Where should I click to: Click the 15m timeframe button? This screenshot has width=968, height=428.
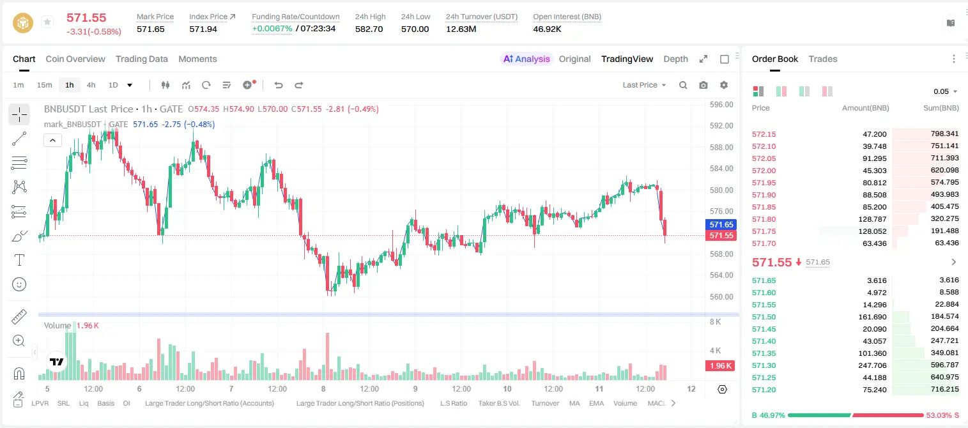click(44, 85)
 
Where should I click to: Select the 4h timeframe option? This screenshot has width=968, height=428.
click(91, 85)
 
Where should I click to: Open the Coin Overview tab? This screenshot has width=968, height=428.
click(75, 59)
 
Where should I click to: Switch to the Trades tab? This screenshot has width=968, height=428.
click(822, 59)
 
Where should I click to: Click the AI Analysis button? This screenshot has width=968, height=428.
click(526, 59)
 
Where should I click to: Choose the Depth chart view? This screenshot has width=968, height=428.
click(675, 59)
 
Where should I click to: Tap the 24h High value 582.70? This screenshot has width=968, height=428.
click(369, 29)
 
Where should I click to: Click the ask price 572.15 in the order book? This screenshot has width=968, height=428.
click(764, 134)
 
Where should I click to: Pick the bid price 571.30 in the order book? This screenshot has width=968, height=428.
click(764, 365)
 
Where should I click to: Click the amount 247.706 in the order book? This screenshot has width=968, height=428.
click(872, 365)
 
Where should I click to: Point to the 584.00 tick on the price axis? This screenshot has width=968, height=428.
click(721, 169)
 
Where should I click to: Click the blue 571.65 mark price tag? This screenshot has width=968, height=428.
click(721, 225)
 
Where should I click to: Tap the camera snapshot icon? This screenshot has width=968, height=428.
click(703, 85)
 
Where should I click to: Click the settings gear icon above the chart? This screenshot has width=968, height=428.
click(724, 85)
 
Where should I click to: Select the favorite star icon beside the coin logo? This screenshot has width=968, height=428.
click(47, 22)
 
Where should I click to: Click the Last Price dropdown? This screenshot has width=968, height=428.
click(644, 85)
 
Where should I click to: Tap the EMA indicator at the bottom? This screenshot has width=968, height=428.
click(596, 403)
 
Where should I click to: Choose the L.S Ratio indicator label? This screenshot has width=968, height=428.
click(453, 403)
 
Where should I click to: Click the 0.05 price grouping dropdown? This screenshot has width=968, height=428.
click(945, 91)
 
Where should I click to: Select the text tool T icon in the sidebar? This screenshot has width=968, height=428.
click(19, 260)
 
